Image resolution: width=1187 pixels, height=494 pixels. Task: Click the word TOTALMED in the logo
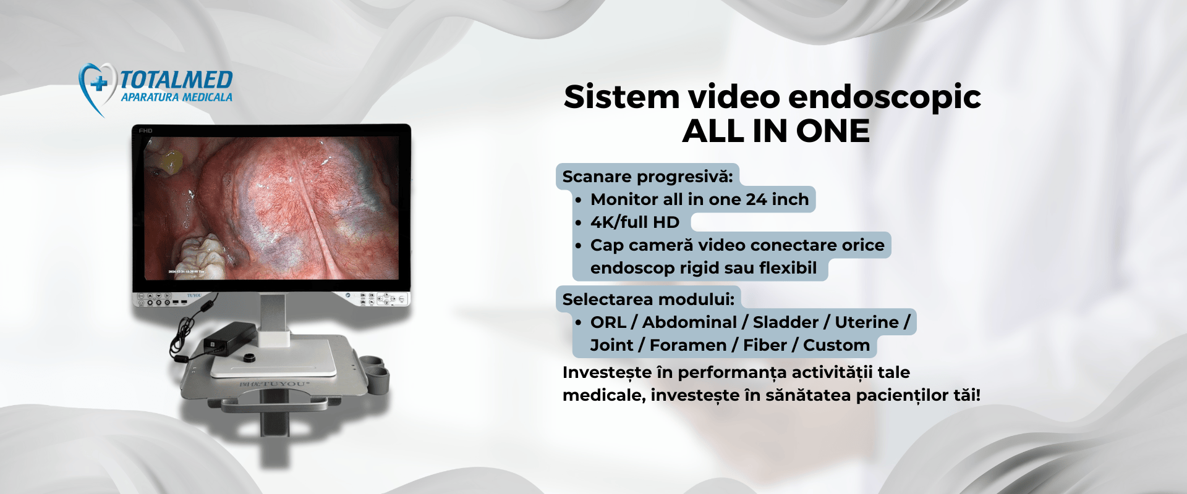(176, 80)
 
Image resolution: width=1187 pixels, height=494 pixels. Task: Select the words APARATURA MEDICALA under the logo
(177, 97)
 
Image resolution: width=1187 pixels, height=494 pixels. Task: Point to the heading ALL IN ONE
(776, 131)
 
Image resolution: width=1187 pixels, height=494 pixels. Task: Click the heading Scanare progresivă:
(647, 177)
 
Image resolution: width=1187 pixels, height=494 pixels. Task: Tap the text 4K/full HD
(635, 222)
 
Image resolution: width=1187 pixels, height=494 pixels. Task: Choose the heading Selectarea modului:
(649, 299)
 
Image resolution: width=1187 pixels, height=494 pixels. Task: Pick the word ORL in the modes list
(608, 322)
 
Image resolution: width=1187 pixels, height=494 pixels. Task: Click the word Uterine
(867, 322)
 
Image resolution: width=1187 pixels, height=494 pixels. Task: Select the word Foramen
(688, 345)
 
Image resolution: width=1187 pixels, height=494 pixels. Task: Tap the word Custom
(836, 345)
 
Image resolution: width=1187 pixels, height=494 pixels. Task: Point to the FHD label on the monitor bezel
(145, 131)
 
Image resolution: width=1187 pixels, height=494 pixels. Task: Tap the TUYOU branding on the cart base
(274, 384)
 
